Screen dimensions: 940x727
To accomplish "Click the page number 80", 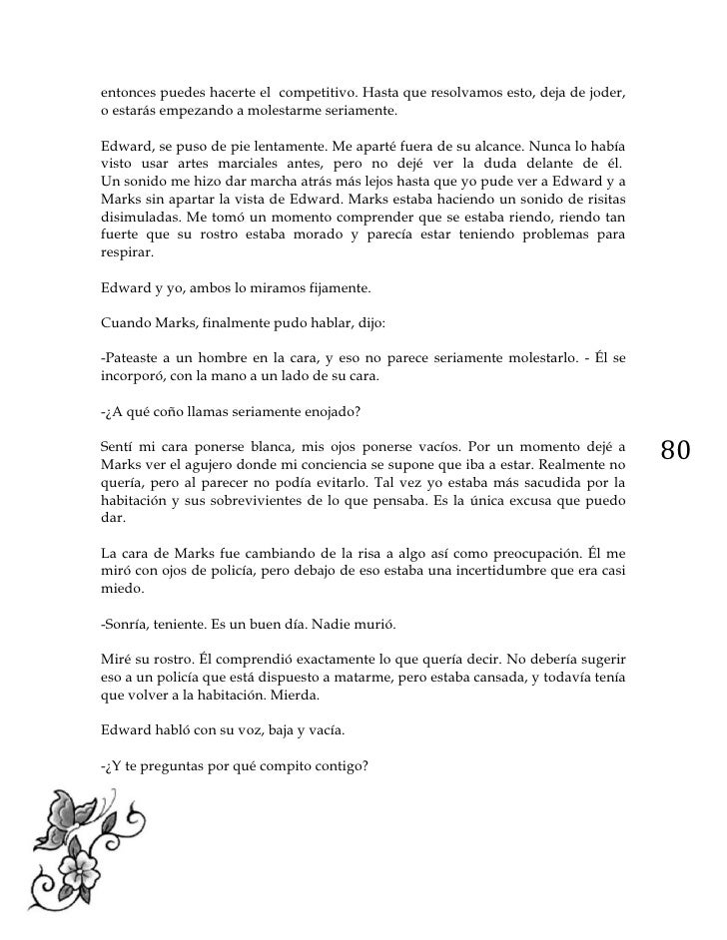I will tap(676, 450).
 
